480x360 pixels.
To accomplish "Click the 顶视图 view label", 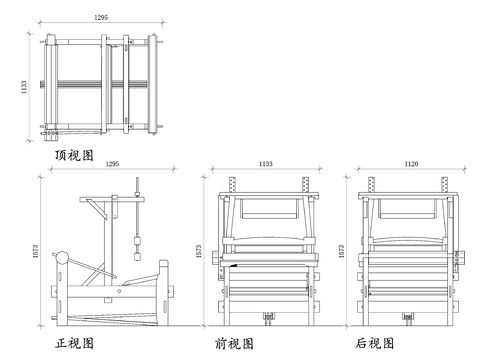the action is pyautogui.click(x=74, y=155).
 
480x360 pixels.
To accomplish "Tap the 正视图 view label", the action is pyautogui.click(x=74, y=343).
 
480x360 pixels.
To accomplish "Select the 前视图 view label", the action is pyautogui.click(x=234, y=343).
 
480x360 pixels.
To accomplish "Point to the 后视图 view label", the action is pyautogui.click(x=375, y=343).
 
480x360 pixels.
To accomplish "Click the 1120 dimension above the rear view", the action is pyautogui.click(x=411, y=164).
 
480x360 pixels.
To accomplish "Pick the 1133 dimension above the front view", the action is pyautogui.click(x=266, y=164).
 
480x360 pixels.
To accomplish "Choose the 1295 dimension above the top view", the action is pyautogui.click(x=101, y=17).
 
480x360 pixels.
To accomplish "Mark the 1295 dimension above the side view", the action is pyautogui.click(x=112, y=164).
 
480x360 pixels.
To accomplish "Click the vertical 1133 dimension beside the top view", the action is pyautogui.click(x=24, y=87).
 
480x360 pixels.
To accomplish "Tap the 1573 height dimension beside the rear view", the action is pyautogui.click(x=341, y=251).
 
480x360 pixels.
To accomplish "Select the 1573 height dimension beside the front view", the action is pyautogui.click(x=199, y=251).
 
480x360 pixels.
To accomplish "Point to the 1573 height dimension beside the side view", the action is pyautogui.click(x=36, y=251).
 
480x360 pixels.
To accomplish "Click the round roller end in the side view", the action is pyautogui.click(x=62, y=257).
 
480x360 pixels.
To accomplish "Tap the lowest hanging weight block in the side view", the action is pyautogui.click(x=137, y=256).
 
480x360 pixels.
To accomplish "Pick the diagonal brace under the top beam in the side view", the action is pyautogui.click(x=97, y=209).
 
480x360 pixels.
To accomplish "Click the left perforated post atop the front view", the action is pyautogui.click(x=233, y=184).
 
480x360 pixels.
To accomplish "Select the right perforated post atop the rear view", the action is pyautogui.click(x=445, y=184).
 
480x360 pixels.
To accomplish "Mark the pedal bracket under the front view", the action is pyautogui.click(x=269, y=317).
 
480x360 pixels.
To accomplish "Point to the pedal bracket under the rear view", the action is pyautogui.click(x=408, y=317).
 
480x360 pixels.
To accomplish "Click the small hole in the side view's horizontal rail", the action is pyautogui.click(x=119, y=291).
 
